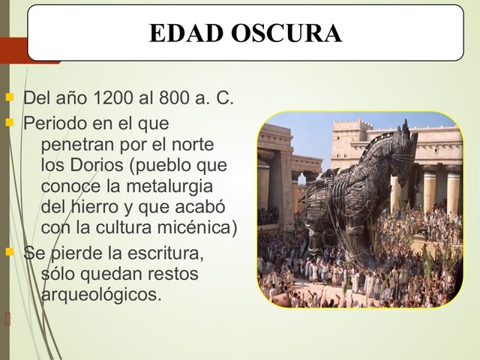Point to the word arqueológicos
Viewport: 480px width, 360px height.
101,295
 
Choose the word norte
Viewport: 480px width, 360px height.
192,143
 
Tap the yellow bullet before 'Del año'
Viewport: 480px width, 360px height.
10,97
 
